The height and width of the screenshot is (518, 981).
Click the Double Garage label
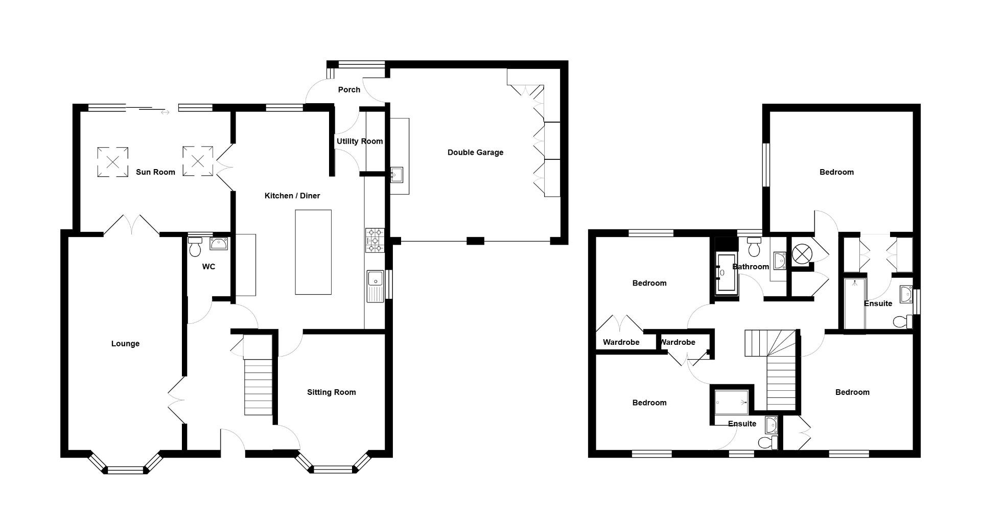coord(475,152)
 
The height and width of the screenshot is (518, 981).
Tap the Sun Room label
coord(155,172)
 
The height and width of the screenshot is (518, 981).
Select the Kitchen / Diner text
coord(292,196)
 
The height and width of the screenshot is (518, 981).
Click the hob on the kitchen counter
coord(374,240)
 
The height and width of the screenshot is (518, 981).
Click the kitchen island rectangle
coord(313,252)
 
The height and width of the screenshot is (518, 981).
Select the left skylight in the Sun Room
coord(112,162)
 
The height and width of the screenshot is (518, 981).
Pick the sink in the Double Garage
coord(396,175)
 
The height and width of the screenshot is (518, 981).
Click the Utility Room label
coord(359,142)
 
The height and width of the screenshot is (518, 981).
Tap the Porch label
coord(349,90)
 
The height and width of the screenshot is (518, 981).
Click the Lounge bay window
coord(125,469)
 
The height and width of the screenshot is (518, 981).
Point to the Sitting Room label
coord(331,392)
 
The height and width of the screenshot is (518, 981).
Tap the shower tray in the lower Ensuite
coord(732,402)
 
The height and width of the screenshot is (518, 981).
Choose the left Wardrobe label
coord(621,342)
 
